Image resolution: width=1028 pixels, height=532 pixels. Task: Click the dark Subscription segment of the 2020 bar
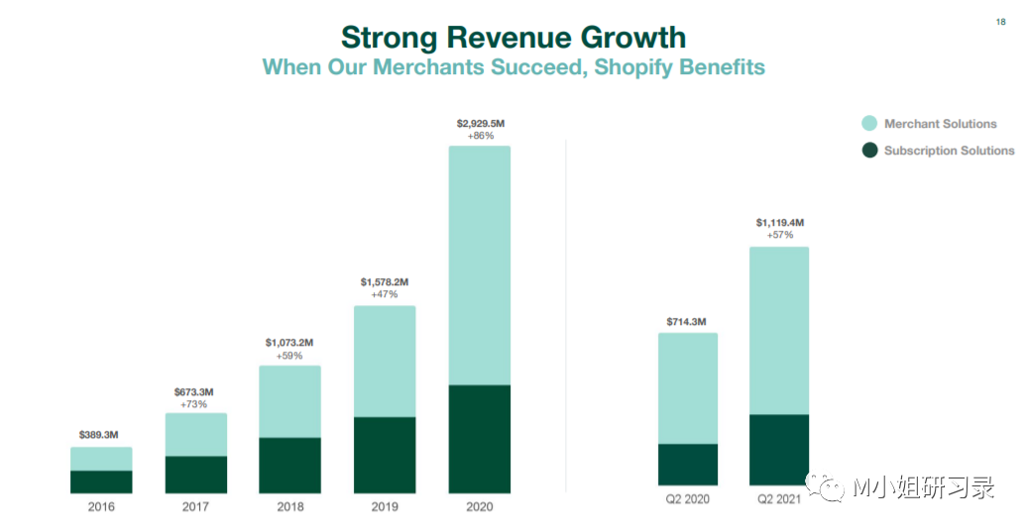click(479, 439)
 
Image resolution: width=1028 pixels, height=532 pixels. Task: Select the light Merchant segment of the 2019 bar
click(385, 361)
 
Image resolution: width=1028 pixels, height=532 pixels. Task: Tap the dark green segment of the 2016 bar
click(101, 481)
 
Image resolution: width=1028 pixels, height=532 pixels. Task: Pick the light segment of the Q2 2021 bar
click(778, 330)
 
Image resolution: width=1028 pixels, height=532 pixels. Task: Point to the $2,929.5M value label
click(480, 123)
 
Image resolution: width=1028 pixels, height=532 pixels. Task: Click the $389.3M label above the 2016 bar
click(99, 435)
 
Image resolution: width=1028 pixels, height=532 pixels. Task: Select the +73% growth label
click(195, 404)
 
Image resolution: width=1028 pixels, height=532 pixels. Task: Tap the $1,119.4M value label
click(779, 223)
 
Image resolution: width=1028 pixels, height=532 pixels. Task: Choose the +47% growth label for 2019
click(385, 294)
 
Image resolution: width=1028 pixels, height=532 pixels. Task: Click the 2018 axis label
click(290, 506)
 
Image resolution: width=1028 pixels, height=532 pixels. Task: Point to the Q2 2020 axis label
click(687, 498)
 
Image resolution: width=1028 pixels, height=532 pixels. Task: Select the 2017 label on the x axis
click(195, 506)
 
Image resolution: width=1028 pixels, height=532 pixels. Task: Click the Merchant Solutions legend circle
click(869, 124)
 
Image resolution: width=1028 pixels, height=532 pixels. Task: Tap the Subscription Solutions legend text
click(949, 151)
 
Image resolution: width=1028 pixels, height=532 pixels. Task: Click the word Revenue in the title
click(514, 38)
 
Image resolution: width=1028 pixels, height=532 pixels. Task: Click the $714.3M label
click(687, 321)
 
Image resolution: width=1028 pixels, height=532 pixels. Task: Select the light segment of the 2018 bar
click(290, 401)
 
